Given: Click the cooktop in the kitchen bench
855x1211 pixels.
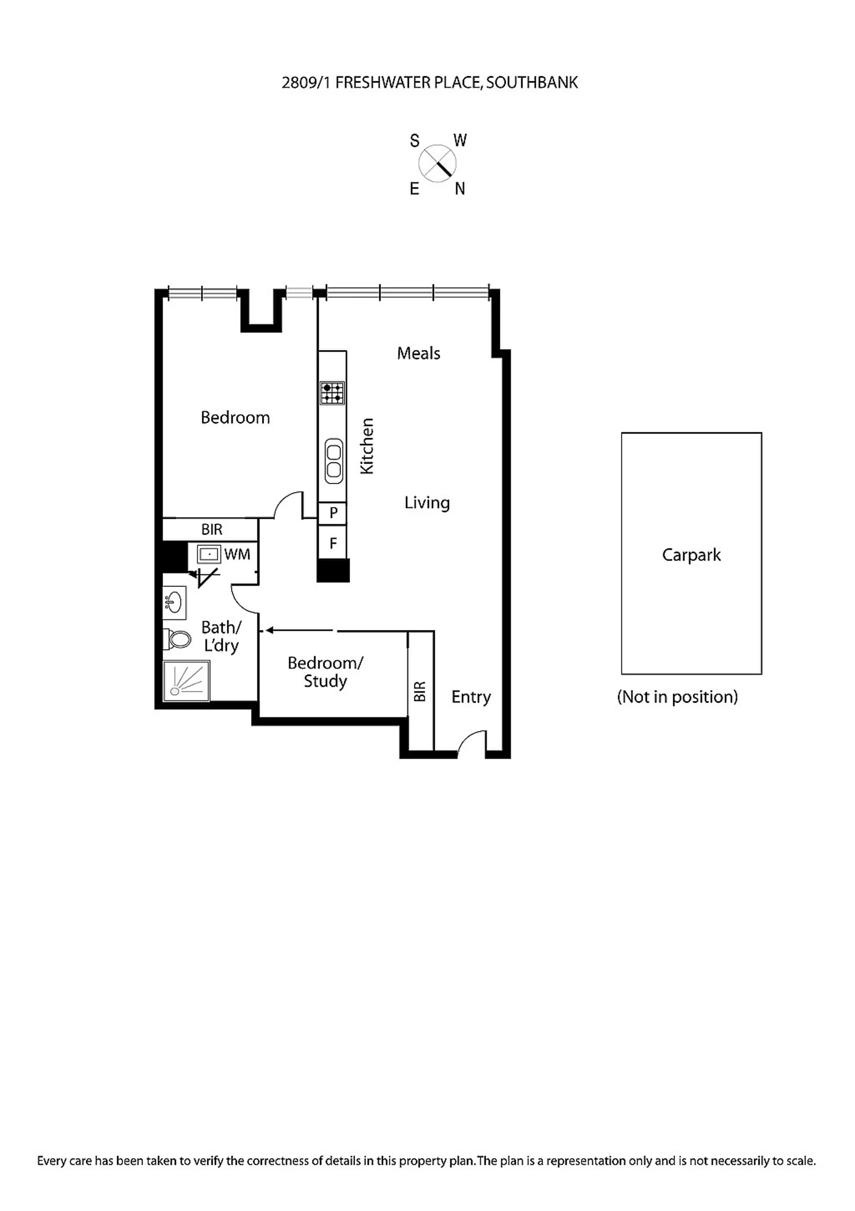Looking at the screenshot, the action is pos(332,393).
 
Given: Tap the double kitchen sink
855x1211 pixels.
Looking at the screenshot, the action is pos(334,461).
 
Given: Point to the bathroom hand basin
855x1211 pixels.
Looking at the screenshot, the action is pos(174,602).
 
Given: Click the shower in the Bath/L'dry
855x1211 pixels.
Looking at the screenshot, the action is pos(186,681).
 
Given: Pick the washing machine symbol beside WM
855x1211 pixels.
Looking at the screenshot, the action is pos(209,554).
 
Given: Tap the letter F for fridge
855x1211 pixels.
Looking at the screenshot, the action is pos(333,543).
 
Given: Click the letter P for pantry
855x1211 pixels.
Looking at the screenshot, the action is pos(333,513).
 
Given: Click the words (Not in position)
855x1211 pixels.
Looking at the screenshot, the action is pos(677,697).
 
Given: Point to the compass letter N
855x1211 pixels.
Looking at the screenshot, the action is pos(460,188).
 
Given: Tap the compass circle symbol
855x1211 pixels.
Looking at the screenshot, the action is pos(437,164).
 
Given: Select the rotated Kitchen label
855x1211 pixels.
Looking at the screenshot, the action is pos(366,446).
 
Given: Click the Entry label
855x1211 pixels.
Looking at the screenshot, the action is pos(471,697).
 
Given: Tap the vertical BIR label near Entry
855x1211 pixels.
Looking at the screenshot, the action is pos(420,692).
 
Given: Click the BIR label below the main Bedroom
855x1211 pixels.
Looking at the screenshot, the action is pos(212,530).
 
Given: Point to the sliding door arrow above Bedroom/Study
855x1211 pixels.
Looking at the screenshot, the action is pos(299,630).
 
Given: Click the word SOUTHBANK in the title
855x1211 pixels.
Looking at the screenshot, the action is pos(532,83).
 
